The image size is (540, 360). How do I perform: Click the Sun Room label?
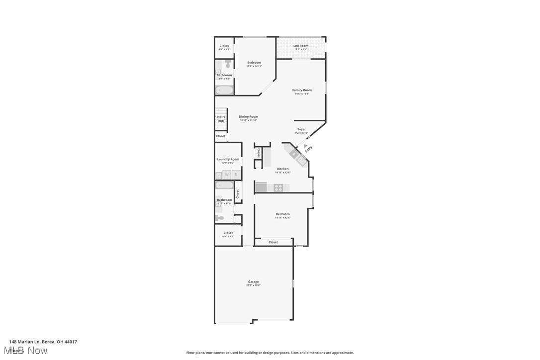coord(300,46)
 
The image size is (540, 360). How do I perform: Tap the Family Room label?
coord(302,90)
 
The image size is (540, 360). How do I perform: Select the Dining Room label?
coord(248,116)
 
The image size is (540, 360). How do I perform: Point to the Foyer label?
coord(302,129)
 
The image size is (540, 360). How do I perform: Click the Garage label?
coord(253,281)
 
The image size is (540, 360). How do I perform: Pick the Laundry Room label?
coord(228,159)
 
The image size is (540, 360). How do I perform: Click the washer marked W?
coord(227,175)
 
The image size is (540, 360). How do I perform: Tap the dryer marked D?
coord(236,175)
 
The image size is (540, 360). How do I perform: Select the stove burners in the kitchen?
coord(278,187)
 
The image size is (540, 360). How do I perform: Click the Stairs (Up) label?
coord(221,119)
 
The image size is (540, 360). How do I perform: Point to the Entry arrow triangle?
coord(299,146)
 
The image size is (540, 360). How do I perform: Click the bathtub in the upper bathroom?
coord(224,90)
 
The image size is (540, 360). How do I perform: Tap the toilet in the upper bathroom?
coord(228,64)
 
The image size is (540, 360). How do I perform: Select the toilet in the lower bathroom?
coord(220,218)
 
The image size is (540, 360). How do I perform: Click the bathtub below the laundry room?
coord(224,185)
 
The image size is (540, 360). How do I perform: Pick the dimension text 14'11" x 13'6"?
coord(283,218)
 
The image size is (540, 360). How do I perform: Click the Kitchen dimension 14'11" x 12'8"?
coord(283,173)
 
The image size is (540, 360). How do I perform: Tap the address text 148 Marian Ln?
coord(43,342)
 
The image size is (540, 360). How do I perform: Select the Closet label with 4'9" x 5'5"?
coord(224,49)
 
